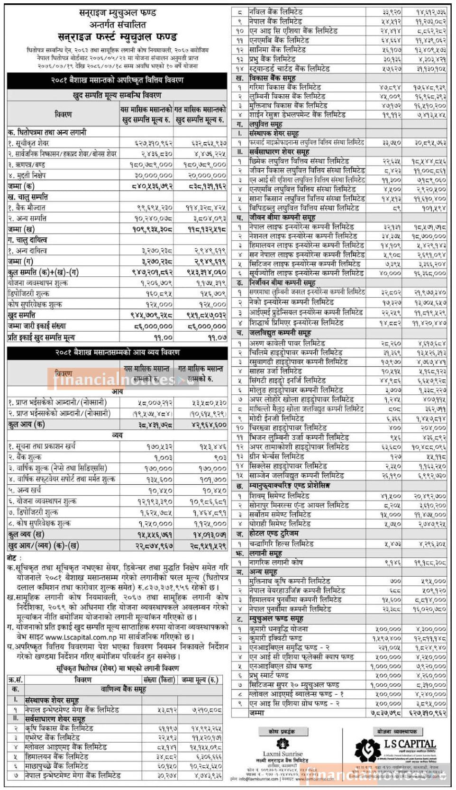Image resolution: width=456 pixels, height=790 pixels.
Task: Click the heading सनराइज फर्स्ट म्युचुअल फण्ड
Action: [x=117, y=36]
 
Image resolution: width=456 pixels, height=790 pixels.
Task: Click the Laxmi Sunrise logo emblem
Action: [x=283, y=744]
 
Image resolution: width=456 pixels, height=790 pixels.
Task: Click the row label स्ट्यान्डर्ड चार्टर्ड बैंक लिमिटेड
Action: [x=289, y=68]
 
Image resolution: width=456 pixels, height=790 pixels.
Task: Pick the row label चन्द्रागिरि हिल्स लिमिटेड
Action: [x=281, y=544]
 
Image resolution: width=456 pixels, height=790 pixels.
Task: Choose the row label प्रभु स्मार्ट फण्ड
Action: [x=269, y=675]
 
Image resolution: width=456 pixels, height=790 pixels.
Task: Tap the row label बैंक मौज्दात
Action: [x=27, y=208]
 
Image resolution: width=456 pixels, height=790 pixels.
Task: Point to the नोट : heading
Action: [x=14, y=558]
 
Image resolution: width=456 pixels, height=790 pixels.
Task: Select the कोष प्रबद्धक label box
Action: [x=282, y=731]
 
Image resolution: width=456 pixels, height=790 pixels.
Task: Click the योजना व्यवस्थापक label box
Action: [x=397, y=731]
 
